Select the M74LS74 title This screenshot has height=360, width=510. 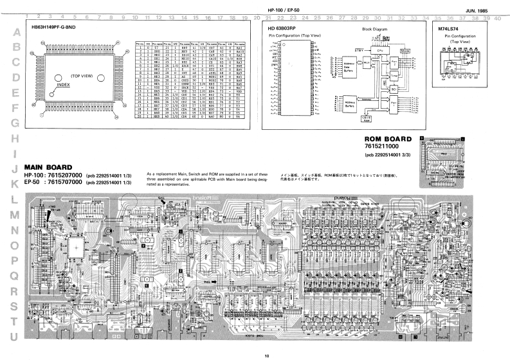448,30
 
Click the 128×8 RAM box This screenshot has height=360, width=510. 384,119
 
